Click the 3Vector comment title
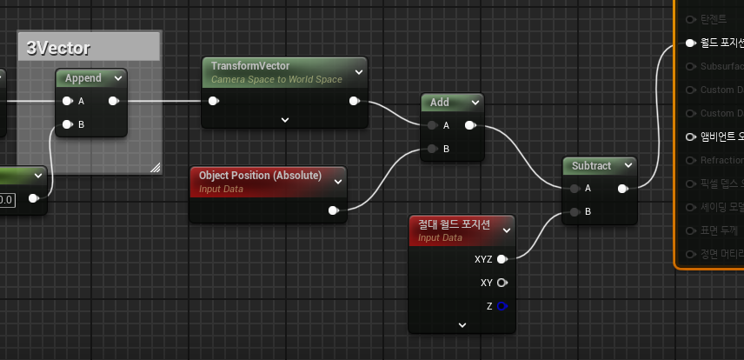(x=59, y=48)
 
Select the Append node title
(x=83, y=78)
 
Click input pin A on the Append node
(x=67, y=102)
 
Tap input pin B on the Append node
(x=67, y=124)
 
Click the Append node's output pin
(x=114, y=102)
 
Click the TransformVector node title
(x=250, y=66)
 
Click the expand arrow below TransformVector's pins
(x=284, y=120)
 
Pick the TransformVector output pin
(x=354, y=102)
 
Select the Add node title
(x=440, y=103)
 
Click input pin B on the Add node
(x=432, y=149)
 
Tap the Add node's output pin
(x=470, y=126)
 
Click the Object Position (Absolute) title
(x=260, y=176)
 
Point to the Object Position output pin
(x=333, y=210)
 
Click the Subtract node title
(x=592, y=165)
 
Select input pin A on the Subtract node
(x=574, y=189)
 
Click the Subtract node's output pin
(x=622, y=189)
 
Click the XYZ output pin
(x=502, y=259)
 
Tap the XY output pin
(x=502, y=283)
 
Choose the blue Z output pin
(x=502, y=306)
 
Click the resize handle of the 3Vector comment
(x=156, y=167)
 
